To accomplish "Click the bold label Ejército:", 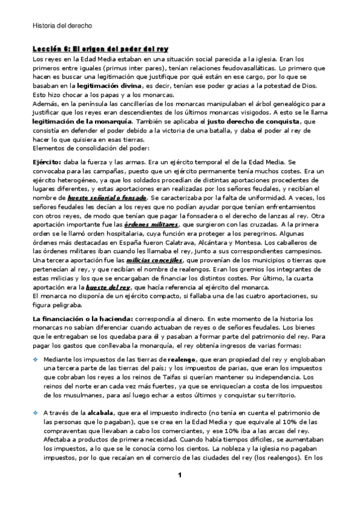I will pos(47,162).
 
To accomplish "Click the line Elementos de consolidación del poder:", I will pos(86,148).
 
